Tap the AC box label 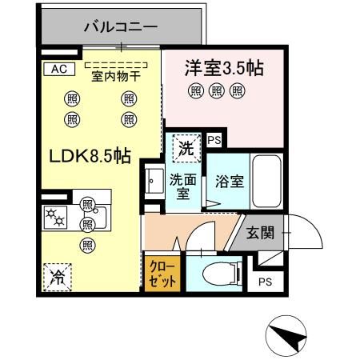point(58,69)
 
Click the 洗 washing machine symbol point(185,146)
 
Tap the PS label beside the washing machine point(213,140)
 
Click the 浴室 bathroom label point(230,181)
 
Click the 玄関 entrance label point(260,233)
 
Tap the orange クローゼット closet point(162,274)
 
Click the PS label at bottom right point(266,282)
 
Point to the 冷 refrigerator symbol point(58,278)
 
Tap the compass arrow point(288,335)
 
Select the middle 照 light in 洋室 point(216,92)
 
